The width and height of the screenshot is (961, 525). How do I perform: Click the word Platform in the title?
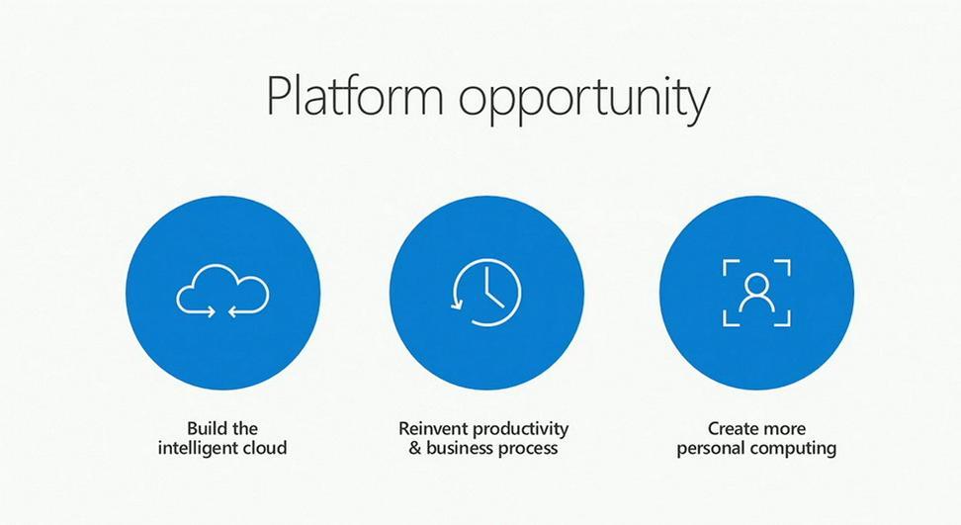[x=354, y=96]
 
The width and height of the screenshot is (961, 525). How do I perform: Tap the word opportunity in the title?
[x=584, y=101]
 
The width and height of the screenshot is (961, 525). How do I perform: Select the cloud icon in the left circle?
[x=222, y=291]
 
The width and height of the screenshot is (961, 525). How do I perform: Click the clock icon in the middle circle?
[x=486, y=292]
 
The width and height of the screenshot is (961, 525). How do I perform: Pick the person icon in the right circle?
[x=756, y=293]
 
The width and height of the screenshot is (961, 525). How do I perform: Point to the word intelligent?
[x=198, y=448]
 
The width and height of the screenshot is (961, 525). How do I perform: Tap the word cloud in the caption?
[x=265, y=447]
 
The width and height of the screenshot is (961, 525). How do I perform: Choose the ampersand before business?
[x=415, y=448]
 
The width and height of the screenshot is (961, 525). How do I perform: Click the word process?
[x=529, y=449]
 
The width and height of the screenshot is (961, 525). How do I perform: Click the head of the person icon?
[x=757, y=283]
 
